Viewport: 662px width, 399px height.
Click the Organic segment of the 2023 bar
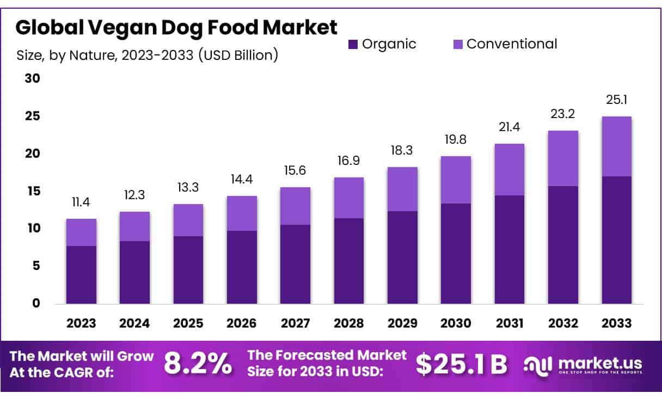coord(81,274)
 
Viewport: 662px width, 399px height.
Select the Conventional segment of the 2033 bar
coord(616,146)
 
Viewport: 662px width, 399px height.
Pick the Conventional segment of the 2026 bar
coord(242,213)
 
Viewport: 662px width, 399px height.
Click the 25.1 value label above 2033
coord(616,100)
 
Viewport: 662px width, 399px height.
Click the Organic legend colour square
coord(353,44)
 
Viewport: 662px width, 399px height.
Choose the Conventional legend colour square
coord(457,44)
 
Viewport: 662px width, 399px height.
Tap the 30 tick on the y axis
coord(33,78)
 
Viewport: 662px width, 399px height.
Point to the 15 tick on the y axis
coord(33,191)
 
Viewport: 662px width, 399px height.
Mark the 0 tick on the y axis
coord(36,303)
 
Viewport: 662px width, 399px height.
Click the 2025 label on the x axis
coord(188,323)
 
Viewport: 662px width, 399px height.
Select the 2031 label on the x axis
coord(510,323)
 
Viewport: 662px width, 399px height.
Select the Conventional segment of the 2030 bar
coord(456,180)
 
